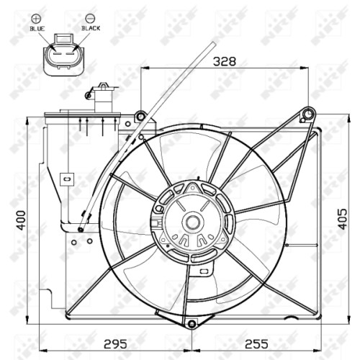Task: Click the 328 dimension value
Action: point(225,61)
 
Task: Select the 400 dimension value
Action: point(22,220)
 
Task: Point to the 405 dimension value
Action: point(343,219)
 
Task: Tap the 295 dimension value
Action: point(115,344)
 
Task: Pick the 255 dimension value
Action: point(256,344)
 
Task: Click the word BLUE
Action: point(37,29)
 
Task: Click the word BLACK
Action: point(91,28)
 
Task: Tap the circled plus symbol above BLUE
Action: point(36,19)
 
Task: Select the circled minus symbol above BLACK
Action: point(91,19)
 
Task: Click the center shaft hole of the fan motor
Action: point(192,222)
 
